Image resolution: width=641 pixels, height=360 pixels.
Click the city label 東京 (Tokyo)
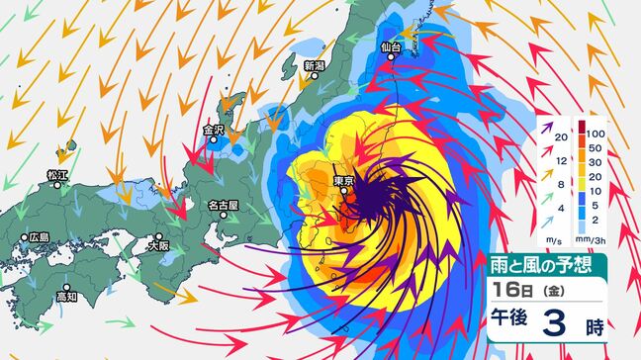coord(345,180)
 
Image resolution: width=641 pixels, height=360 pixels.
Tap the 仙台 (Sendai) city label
coord(394,46)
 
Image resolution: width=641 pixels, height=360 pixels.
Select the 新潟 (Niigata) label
coord(315,66)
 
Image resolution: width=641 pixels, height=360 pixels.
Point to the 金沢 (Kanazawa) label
coord(215,130)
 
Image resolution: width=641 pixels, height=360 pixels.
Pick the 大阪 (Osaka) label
coord(158,239)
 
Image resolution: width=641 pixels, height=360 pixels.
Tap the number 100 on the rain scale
coord(596,132)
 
